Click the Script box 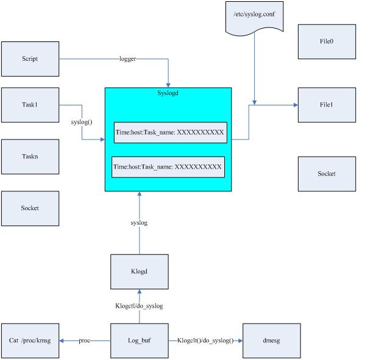(30, 58)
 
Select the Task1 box (30, 105)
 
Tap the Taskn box (30, 157)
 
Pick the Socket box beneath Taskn (30, 208)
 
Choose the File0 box (327, 42)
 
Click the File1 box (327, 105)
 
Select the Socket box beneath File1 (327, 174)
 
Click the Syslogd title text (168, 93)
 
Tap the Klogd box (139, 272)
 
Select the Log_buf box (139, 341)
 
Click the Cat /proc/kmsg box (30, 341)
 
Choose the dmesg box (271, 341)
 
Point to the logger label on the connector (127, 59)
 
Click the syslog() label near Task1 (81, 122)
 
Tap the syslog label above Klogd (139, 223)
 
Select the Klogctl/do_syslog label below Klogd (139, 306)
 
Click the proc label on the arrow (85, 341)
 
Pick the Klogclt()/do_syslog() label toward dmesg (205, 341)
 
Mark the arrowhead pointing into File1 (295, 105)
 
